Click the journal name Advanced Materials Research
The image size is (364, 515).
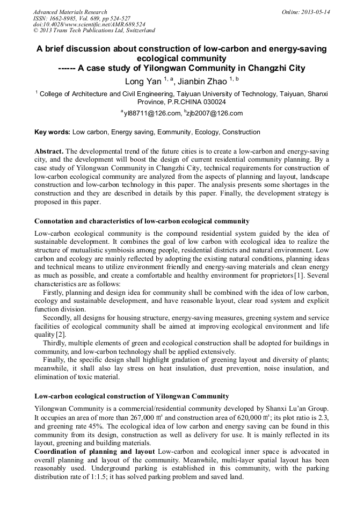[x=70, y=12]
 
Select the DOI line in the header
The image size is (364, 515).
[x=89, y=25]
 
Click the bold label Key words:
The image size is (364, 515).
[x=52, y=132]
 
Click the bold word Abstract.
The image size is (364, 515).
[x=49, y=152]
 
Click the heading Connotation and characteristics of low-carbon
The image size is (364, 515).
[x=142, y=221]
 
